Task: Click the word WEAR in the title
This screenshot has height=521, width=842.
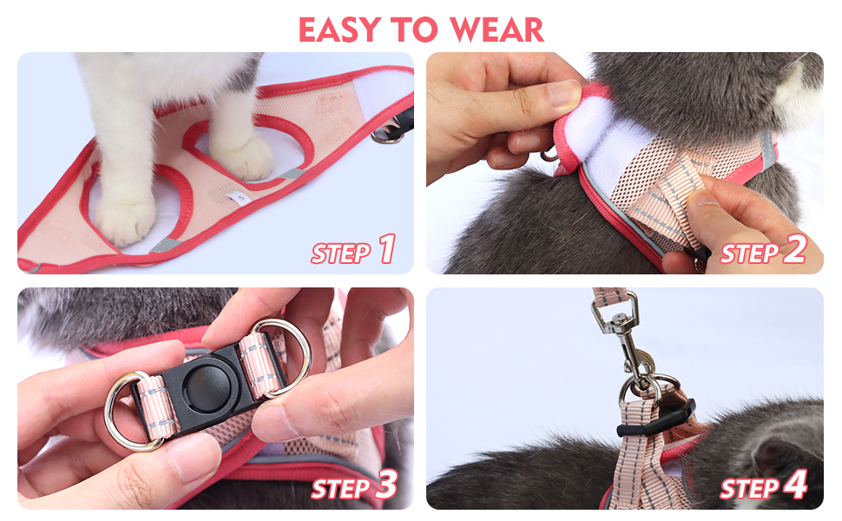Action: (x=497, y=30)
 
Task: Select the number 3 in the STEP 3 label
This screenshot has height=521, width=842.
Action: (x=386, y=484)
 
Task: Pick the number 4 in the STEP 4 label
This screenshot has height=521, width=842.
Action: (x=795, y=484)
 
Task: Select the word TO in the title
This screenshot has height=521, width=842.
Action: (x=415, y=30)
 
